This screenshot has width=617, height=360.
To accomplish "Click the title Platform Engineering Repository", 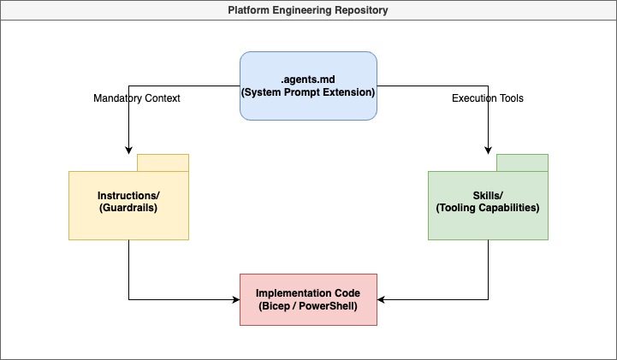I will pyautogui.click(x=308, y=10).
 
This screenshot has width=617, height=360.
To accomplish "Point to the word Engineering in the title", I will pyautogui.click(x=304, y=10).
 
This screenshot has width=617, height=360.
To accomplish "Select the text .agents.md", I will pyautogui.click(x=308, y=79).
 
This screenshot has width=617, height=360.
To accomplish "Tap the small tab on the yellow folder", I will pyautogui.click(x=163, y=162).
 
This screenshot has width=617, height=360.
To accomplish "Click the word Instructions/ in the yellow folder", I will pyautogui.click(x=128, y=196).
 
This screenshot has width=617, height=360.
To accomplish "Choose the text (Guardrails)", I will pyautogui.click(x=128, y=208).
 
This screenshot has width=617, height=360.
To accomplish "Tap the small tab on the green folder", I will pyautogui.click(x=522, y=162).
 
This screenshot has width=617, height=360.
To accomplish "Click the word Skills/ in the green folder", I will pyautogui.click(x=488, y=196).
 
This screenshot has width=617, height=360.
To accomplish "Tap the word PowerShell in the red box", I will pyautogui.click(x=327, y=305).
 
